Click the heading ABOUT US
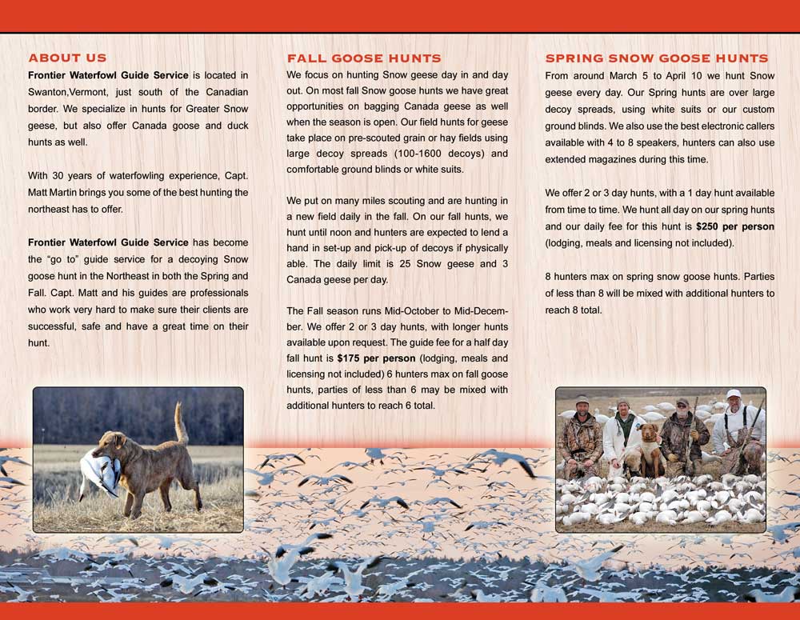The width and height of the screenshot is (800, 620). (x=67, y=58)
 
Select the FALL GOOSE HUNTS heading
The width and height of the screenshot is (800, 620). (x=364, y=58)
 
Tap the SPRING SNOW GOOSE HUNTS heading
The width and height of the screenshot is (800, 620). (x=657, y=58)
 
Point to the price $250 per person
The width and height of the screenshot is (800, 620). (x=735, y=226)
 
